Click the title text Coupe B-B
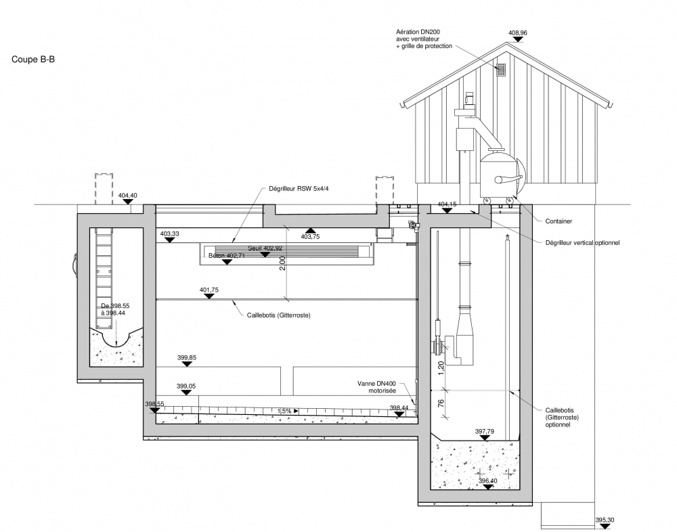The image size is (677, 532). click(33, 60)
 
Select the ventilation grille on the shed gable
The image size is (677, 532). click(502, 69)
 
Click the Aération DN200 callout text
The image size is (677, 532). click(424, 39)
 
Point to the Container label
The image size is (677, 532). click(559, 221)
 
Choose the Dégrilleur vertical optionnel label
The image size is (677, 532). click(582, 242)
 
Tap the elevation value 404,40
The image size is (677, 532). click(127, 196)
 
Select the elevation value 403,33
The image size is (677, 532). click(170, 234)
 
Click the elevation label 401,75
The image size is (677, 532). click(209, 290)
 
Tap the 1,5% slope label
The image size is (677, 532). click(284, 411)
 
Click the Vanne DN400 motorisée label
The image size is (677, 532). click(378, 386)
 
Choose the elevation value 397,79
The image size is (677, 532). click(485, 431)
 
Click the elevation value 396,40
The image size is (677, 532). click(488, 481)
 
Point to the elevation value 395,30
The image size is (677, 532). click(604, 520)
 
